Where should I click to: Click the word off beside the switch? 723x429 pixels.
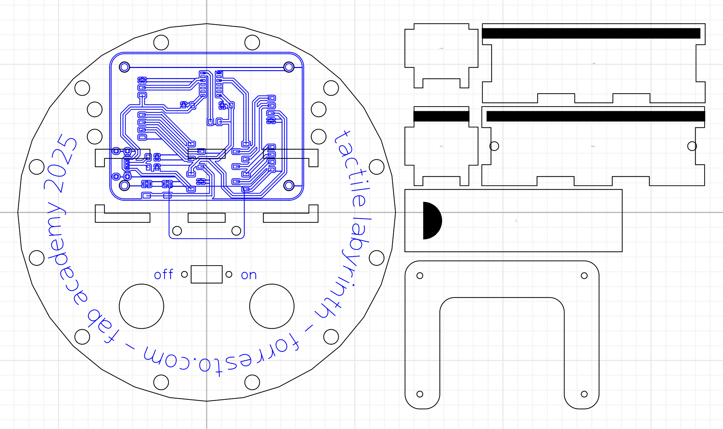(x=163, y=275)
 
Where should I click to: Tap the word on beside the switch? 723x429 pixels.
(x=249, y=275)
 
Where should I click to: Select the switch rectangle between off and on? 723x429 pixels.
(x=207, y=274)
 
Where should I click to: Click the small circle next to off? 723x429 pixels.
(x=184, y=274)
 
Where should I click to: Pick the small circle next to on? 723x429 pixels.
(x=229, y=274)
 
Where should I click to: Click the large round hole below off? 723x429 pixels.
(x=142, y=306)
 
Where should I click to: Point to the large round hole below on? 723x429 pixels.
(x=272, y=306)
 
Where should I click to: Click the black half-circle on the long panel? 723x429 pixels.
(x=431, y=221)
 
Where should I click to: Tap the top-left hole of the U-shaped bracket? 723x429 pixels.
(x=420, y=276)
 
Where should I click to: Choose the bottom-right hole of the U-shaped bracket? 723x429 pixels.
(x=584, y=394)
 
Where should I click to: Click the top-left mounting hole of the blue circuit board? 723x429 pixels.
(x=124, y=67)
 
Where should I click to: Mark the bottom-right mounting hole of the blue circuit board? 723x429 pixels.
(x=289, y=185)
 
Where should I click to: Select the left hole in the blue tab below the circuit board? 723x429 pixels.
(x=177, y=231)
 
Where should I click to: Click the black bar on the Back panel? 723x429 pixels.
(x=441, y=116)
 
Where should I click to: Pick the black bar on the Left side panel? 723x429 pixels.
(x=591, y=33)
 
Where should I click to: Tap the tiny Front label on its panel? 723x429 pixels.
(x=441, y=48)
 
